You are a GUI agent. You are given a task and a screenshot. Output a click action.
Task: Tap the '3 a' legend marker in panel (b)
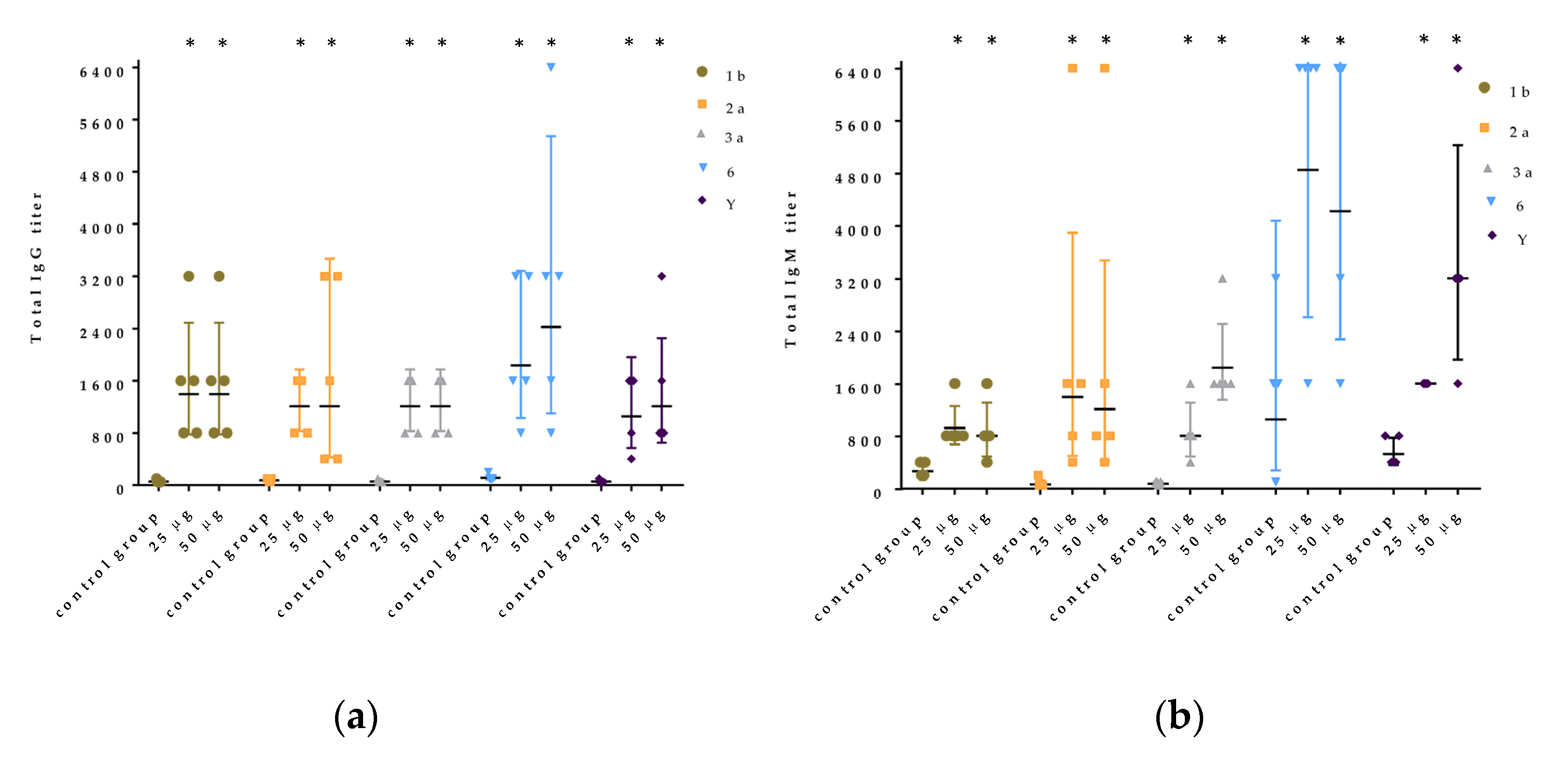click(1488, 169)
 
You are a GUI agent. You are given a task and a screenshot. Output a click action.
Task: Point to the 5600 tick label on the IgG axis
click(102, 124)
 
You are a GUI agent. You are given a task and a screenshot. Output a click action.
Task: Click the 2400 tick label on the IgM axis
click(857, 336)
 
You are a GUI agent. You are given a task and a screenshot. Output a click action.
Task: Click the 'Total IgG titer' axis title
click(37, 268)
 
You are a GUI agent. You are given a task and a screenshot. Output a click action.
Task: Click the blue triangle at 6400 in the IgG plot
click(550, 67)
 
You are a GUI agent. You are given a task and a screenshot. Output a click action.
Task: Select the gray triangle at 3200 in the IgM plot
click(1222, 278)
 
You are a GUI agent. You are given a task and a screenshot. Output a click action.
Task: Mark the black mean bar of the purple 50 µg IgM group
click(1458, 278)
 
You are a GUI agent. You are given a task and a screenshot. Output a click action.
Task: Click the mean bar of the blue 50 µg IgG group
click(550, 327)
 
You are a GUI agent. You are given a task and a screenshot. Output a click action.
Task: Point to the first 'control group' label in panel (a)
click(108, 564)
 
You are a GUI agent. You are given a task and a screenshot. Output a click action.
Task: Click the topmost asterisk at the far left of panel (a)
click(190, 43)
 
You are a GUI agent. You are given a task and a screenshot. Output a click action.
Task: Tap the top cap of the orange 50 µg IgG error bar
click(329, 259)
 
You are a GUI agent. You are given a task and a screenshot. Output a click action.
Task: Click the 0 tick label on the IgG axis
click(120, 489)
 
